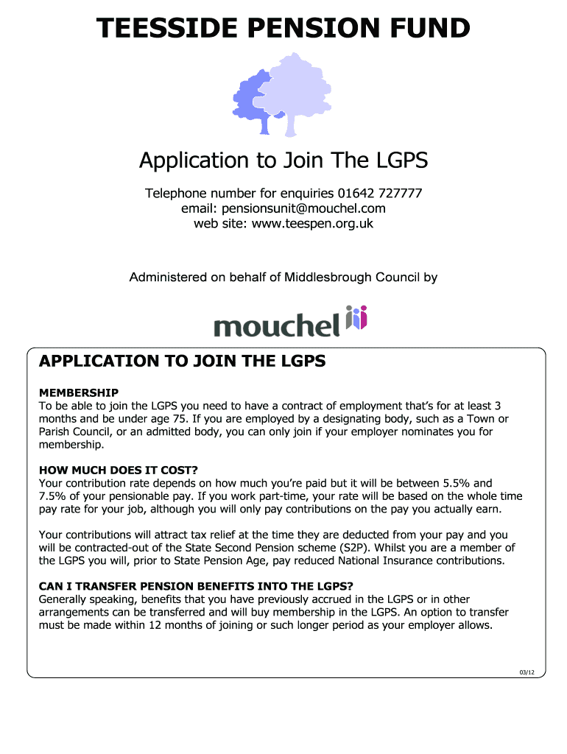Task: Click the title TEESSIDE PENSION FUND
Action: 283,29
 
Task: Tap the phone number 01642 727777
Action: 380,194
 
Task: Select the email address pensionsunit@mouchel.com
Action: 283,208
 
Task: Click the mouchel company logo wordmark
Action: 276,325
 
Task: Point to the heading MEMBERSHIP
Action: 79,392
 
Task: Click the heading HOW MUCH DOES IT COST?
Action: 119,470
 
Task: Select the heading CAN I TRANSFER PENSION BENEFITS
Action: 196,586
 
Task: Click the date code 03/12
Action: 526,672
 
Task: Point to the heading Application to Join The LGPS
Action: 283,160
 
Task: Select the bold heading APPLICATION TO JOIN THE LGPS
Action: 182,362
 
